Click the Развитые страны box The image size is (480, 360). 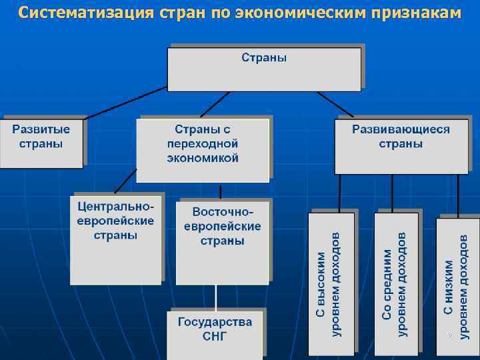(x=41, y=141)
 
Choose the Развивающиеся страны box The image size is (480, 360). (x=401, y=145)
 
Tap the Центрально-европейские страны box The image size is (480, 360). (x=116, y=238)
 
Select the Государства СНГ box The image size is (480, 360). (x=215, y=333)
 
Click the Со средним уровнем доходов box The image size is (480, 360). (x=396, y=283)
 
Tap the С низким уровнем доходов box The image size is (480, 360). (x=457, y=283)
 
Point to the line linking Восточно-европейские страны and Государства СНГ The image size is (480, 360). (x=215, y=296)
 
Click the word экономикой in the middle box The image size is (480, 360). (x=203, y=159)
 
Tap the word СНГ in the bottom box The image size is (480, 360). (x=215, y=337)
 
